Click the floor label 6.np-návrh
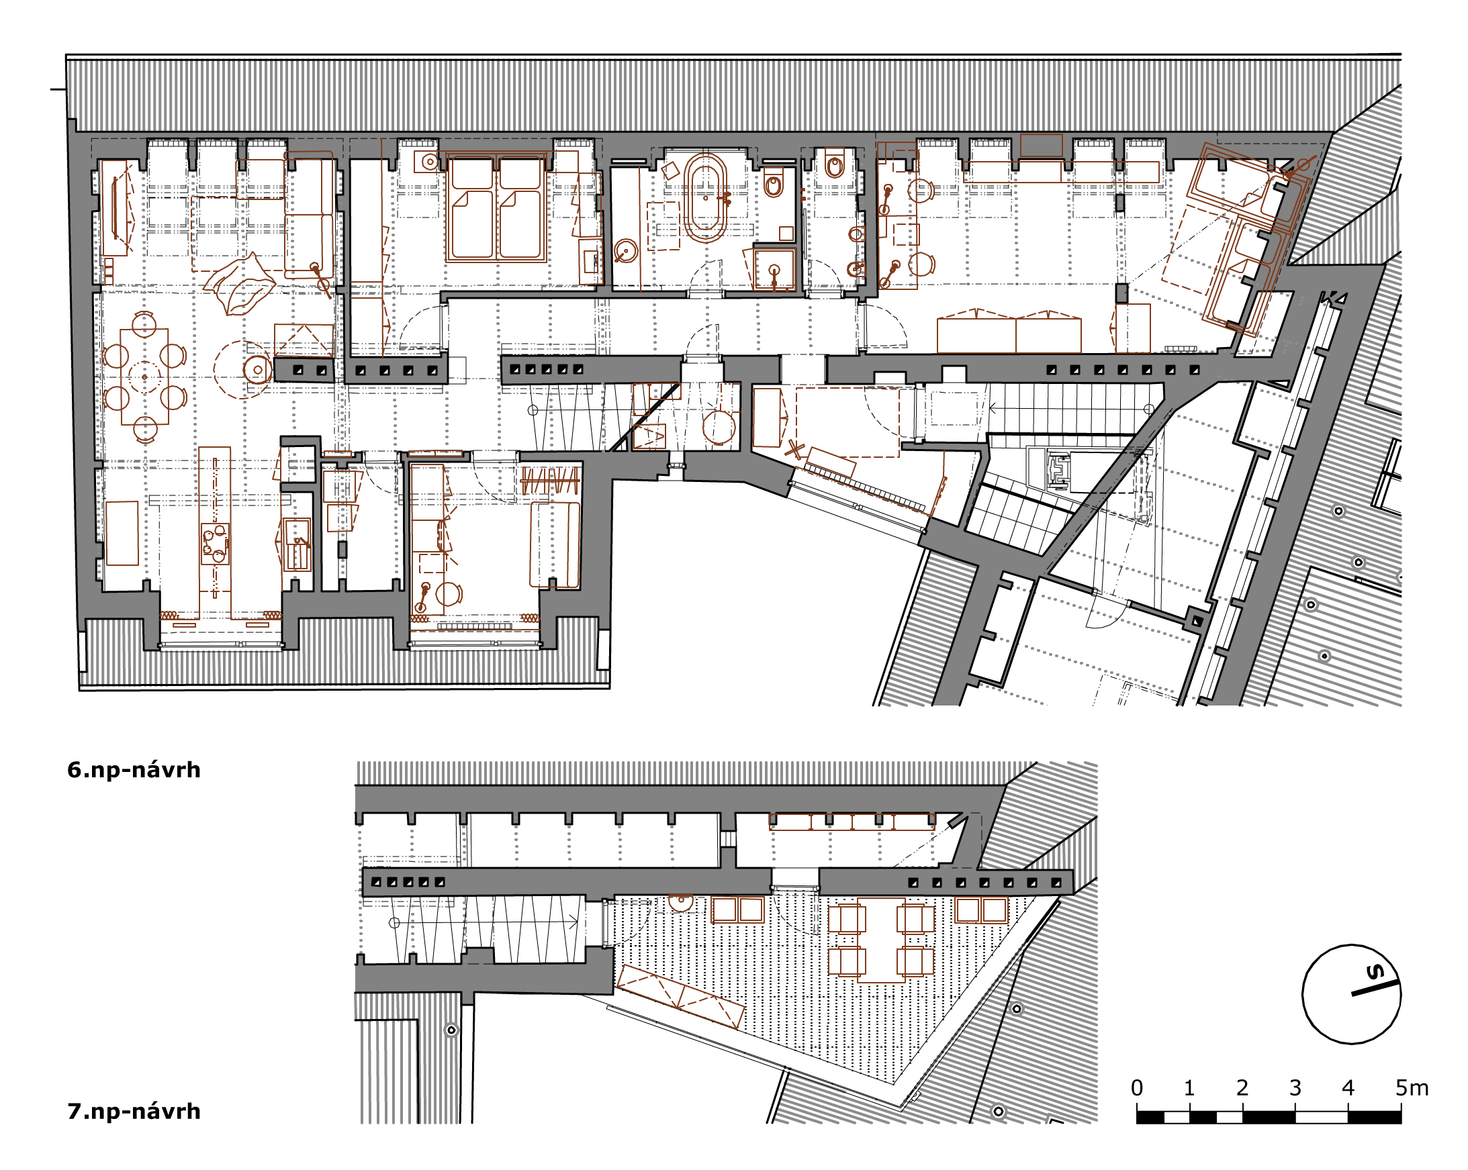(x=134, y=770)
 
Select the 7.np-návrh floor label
(x=134, y=1112)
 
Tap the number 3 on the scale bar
(x=1294, y=1087)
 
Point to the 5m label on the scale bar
(x=1412, y=1087)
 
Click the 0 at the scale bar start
(x=1136, y=1087)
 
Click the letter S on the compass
(x=1375, y=972)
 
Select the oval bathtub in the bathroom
(x=705, y=198)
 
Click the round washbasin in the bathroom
(x=625, y=251)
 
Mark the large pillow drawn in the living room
(x=240, y=285)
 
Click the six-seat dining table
(x=144, y=377)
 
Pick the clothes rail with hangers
(x=550, y=481)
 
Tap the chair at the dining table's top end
(x=144, y=324)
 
